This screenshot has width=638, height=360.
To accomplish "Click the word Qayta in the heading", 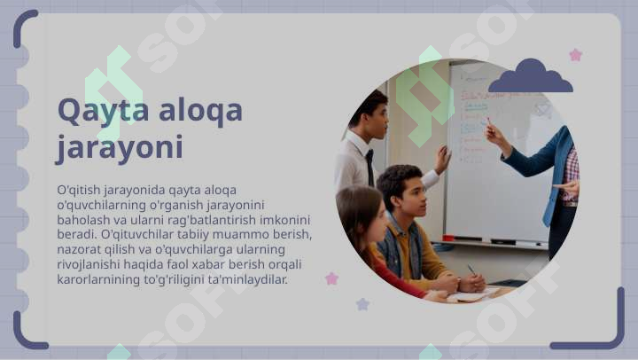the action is (104, 111).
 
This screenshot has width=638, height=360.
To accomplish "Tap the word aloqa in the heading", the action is (200, 111).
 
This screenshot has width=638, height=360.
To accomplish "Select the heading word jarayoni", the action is (120, 148).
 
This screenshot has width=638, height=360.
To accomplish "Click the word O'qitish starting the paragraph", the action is (79, 190).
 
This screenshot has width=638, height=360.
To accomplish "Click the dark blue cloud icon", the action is (531, 75).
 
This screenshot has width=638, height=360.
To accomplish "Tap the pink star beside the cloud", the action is (576, 55).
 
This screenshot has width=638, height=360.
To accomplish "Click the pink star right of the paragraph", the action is (332, 278).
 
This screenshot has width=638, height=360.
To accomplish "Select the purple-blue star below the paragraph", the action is (362, 304).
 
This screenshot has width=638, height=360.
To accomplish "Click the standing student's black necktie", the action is (370, 168).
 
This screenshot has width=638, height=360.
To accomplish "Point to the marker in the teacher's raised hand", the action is (488, 121).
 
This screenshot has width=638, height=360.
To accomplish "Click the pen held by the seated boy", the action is (471, 270).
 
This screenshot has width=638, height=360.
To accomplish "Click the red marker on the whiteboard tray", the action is (448, 238).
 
